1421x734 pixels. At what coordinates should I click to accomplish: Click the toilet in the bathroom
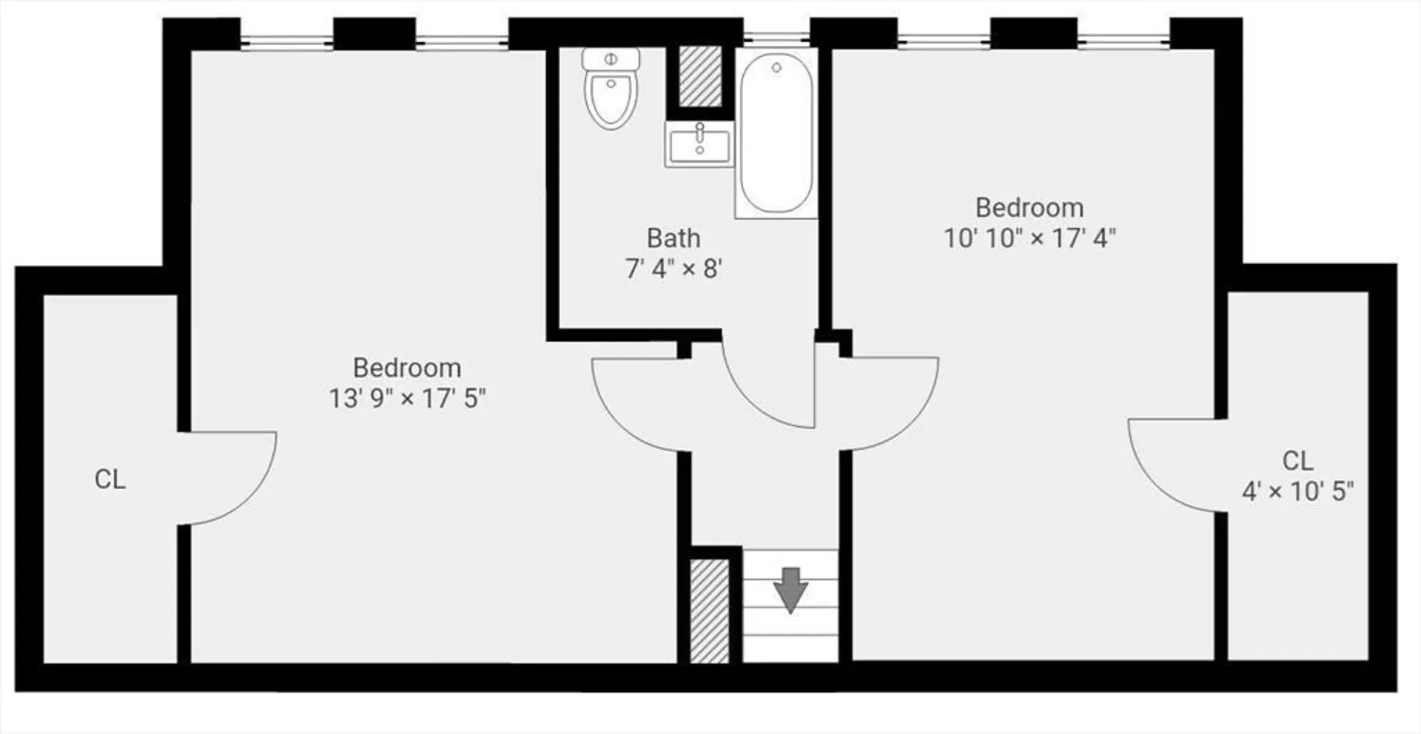click(x=611, y=89)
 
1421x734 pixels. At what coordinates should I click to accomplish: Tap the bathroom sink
click(x=699, y=144)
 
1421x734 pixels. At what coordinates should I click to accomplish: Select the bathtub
click(x=776, y=133)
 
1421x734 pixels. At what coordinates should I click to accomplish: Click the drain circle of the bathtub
click(x=776, y=67)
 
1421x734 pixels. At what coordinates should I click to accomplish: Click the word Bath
click(x=673, y=238)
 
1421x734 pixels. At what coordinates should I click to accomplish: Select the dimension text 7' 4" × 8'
click(x=673, y=269)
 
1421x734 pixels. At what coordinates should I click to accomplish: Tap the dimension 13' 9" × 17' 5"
click(x=407, y=399)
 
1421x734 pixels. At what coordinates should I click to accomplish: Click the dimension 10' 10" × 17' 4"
click(x=1029, y=238)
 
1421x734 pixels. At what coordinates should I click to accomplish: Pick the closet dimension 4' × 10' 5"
click(x=1297, y=491)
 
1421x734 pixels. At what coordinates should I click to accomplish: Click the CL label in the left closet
click(x=110, y=479)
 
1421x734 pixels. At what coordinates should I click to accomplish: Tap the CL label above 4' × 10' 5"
click(x=1297, y=460)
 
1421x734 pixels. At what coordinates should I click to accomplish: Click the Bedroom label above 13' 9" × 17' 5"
click(x=407, y=368)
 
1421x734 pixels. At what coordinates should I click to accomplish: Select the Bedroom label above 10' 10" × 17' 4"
click(x=1029, y=207)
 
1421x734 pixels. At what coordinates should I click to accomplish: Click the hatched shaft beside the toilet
click(x=700, y=76)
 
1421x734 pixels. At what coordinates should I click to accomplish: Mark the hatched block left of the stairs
click(x=710, y=611)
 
